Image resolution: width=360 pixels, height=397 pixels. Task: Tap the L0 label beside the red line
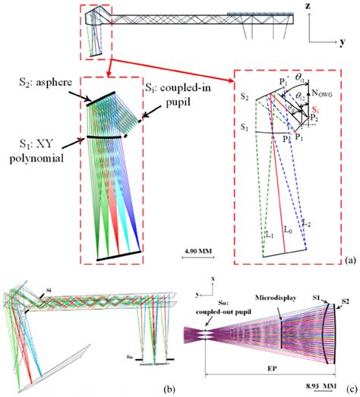[x=286, y=228]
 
